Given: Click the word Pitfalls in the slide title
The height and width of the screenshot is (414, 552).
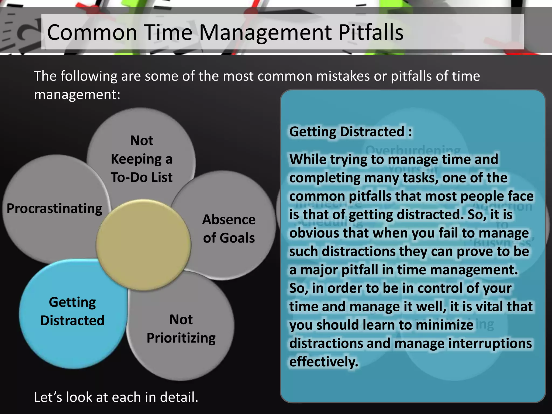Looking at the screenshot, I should (x=371, y=32).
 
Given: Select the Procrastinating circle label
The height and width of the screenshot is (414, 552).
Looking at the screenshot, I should (x=54, y=209).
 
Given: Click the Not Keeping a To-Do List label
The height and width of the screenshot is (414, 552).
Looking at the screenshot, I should (x=142, y=159).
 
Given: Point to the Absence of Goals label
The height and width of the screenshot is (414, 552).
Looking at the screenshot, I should (x=229, y=229).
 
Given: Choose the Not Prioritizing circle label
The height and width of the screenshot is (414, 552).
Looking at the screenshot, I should (x=181, y=329).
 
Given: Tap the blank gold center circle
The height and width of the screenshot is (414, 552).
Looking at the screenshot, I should (x=143, y=245).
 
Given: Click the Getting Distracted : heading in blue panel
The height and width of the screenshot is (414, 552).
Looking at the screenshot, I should (x=350, y=132).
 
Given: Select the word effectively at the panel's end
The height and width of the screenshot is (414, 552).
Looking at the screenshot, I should (x=323, y=362).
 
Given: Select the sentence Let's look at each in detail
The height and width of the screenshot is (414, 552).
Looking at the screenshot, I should (x=116, y=397).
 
